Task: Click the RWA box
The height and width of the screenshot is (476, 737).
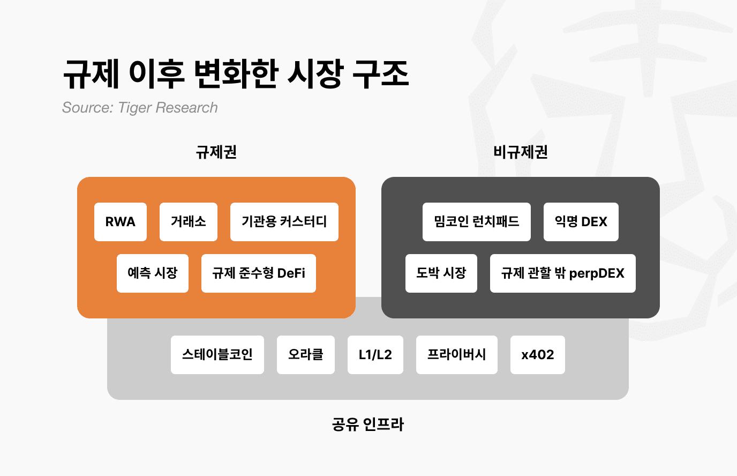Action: pos(121,222)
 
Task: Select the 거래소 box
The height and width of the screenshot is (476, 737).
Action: pos(189,222)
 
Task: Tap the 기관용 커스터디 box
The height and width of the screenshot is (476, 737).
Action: pos(284,222)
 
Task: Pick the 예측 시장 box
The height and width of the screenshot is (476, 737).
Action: pos(153,273)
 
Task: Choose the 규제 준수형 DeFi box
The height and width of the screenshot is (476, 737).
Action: pos(259,273)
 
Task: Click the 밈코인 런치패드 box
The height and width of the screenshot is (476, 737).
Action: pos(477,222)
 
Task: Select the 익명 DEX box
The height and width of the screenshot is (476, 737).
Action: pos(581,222)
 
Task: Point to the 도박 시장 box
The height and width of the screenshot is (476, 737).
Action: pos(441,273)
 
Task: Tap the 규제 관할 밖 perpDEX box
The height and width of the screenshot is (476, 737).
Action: pos(563,273)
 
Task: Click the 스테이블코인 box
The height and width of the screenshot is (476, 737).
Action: pos(217,355)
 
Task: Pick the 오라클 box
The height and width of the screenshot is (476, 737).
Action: pos(306,355)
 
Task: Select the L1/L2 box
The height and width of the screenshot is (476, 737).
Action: pos(375,355)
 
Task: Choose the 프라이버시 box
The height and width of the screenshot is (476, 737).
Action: pos(457,355)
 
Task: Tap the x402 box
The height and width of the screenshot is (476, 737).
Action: pos(538,355)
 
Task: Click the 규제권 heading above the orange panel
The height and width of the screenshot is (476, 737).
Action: pos(216,152)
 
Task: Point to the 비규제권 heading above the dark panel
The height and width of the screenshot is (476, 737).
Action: pos(521,152)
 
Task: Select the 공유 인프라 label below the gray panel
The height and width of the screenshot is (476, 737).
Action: pos(368,425)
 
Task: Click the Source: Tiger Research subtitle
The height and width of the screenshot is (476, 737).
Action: pos(140,108)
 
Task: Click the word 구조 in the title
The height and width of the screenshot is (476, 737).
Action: pos(381,74)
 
